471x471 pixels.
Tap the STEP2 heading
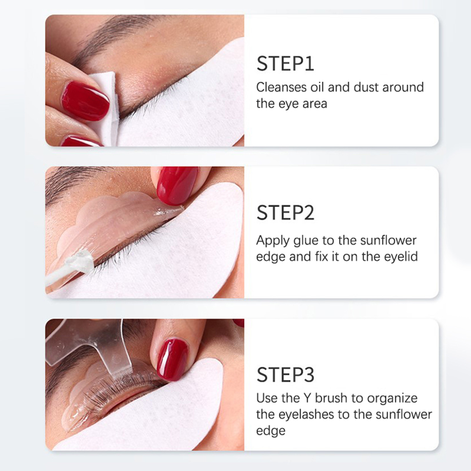285,213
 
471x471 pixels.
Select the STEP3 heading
285,374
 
